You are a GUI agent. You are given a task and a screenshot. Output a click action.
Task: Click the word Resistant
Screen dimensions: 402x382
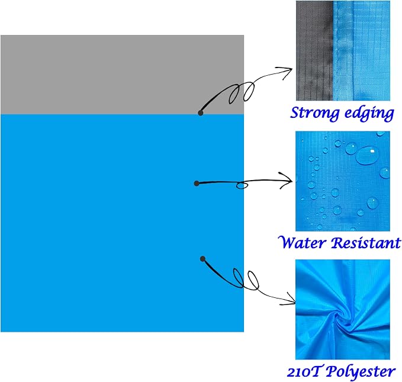click(x=365, y=243)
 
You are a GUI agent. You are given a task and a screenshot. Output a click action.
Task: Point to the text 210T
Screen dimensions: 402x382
click(x=304, y=372)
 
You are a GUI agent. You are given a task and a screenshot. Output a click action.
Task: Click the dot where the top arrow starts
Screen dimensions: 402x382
click(x=201, y=113)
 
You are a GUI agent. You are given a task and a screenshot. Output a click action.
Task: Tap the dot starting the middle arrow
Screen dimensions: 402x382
click(x=197, y=183)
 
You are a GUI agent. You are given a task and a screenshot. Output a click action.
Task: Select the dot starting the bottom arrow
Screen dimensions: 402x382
click(x=202, y=259)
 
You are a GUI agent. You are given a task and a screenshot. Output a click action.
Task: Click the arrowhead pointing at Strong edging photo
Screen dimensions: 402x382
click(x=287, y=71)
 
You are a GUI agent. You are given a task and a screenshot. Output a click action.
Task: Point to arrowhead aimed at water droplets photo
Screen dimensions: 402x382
click(x=287, y=181)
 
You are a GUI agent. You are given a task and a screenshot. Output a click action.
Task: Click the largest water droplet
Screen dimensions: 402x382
click(x=367, y=156)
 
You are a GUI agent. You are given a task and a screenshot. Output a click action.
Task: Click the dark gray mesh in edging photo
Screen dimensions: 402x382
click(x=314, y=50)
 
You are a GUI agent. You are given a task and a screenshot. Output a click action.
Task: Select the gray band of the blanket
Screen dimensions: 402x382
click(x=123, y=75)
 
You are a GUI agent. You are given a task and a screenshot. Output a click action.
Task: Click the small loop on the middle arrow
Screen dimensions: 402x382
click(x=242, y=185)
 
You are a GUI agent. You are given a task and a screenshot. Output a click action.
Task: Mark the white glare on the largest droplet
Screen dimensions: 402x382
click(x=372, y=152)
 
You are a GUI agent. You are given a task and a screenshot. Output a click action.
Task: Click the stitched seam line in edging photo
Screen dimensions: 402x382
click(x=335, y=50)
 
